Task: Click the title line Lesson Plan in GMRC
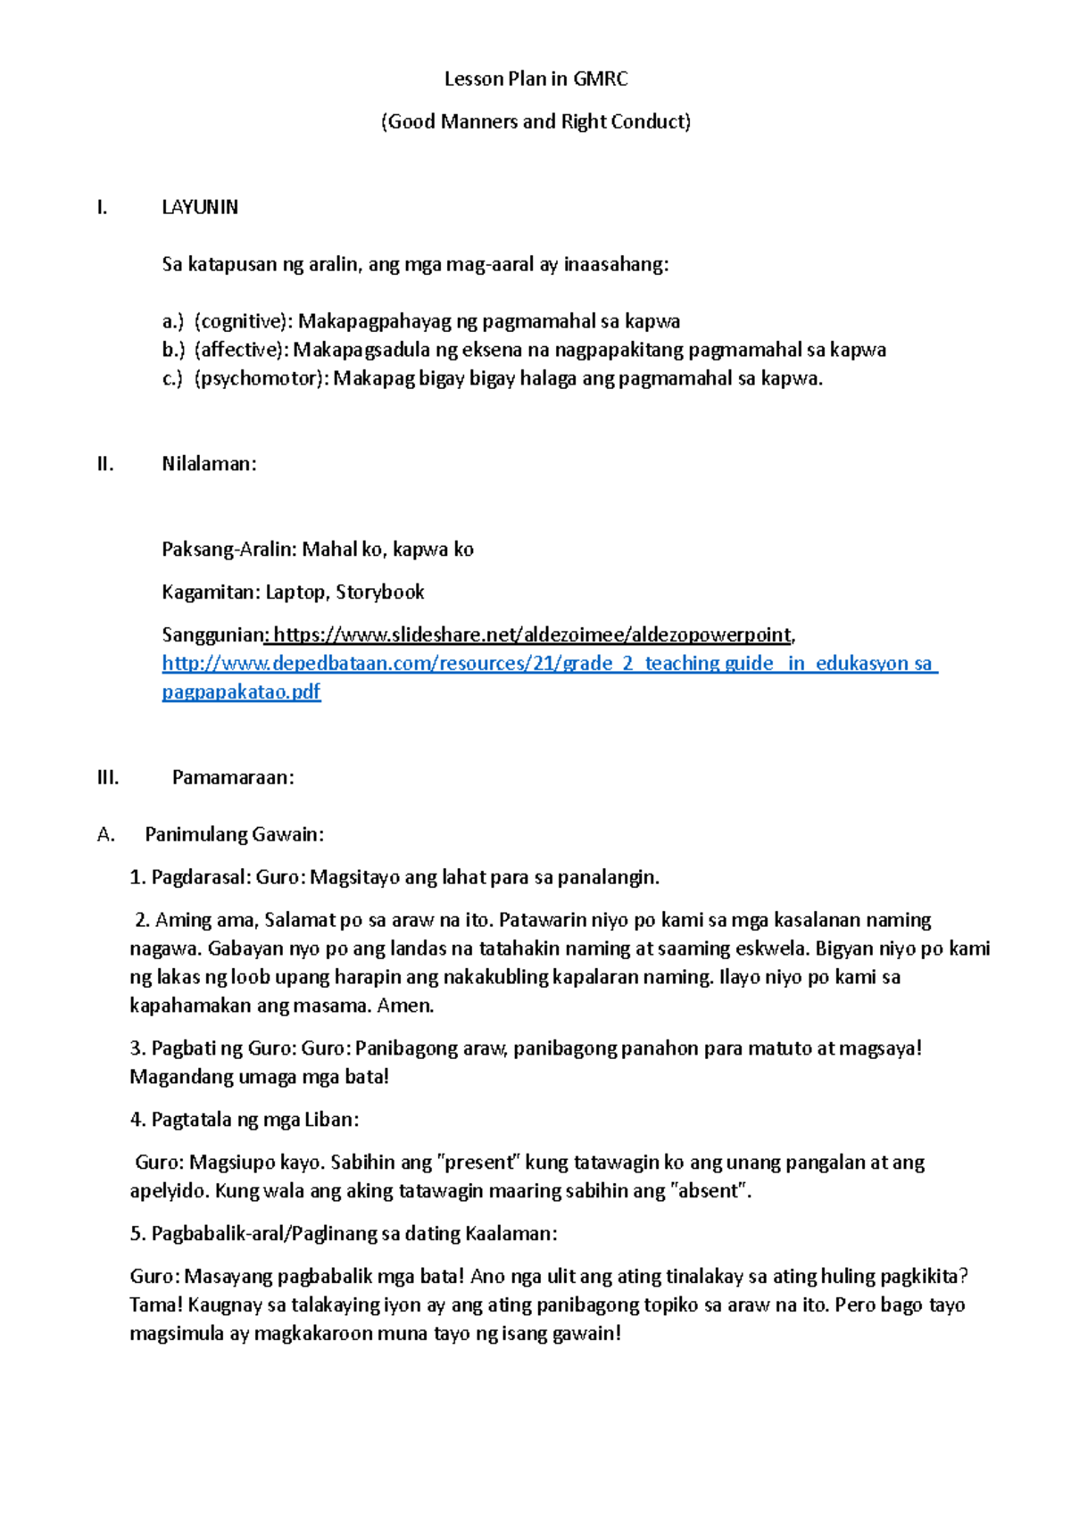click(x=535, y=79)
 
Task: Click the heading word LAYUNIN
click(x=200, y=207)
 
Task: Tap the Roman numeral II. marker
click(x=105, y=464)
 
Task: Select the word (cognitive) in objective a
click(x=241, y=321)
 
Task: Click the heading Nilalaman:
click(x=209, y=464)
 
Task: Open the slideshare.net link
click(x=532, y=635)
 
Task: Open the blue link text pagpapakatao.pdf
click(x=241, y=692)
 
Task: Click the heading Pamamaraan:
click(x=233, y=778)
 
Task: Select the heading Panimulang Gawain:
click(x=234, y=835)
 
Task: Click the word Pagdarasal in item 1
click(x=201, y=878)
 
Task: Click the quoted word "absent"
click(x=710, y=1192)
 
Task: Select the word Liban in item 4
click(x=330, y=1121)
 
